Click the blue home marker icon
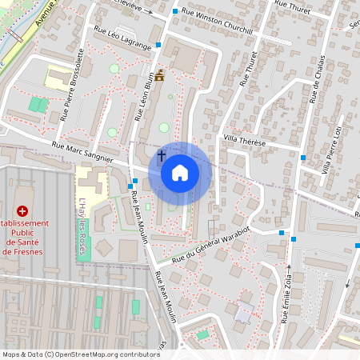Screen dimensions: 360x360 [x=180, y=172]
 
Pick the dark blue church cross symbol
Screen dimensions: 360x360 [x=161, y=155]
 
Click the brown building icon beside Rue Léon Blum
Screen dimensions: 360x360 [x=160, y=77]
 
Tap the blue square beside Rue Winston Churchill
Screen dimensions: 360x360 [x=174, y=13]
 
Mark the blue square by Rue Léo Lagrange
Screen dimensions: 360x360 [x=159, y=46]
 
